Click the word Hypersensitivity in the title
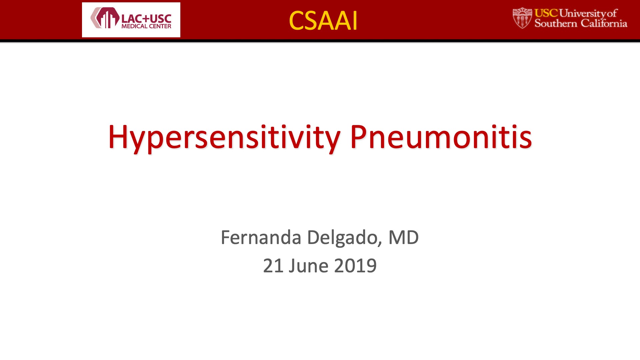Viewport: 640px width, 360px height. coord(224,137)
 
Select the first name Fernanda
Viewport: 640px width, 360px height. coord(261,237)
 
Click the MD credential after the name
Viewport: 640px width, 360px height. coord(404,237)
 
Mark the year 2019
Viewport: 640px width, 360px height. coord(355,266)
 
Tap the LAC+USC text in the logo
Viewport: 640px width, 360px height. coord(146,19)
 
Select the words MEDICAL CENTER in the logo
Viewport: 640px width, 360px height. coord(146,26)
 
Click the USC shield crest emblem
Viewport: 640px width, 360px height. coord(522,18)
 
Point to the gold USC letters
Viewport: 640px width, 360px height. coord(546,13)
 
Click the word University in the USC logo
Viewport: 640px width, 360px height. coord(583,13)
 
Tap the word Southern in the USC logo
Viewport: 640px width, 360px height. coord(556,23)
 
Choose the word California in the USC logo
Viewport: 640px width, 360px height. coord(604,23)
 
